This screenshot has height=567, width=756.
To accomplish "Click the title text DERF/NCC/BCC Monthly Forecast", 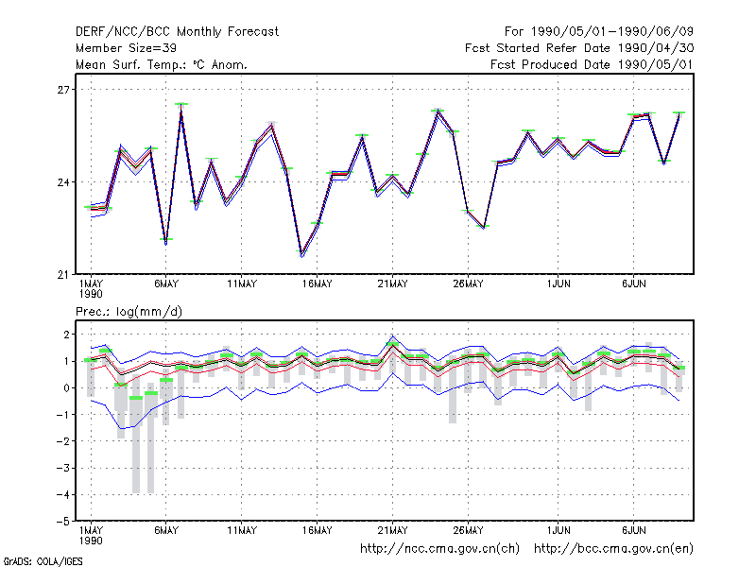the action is [177, 32].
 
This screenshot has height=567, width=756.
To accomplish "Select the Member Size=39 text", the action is [126, 48].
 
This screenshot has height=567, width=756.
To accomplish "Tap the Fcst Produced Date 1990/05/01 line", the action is [593, 64].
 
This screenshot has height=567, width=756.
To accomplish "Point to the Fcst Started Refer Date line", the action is [579, 48].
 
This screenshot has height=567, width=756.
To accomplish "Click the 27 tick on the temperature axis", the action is [63, 90].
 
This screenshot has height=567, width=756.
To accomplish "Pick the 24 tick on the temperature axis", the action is [63, 182].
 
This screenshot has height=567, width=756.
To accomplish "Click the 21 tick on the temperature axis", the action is [63, 275].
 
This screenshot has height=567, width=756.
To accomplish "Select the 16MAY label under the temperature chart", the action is [318, 284].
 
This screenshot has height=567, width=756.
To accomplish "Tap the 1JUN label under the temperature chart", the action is [558, 284].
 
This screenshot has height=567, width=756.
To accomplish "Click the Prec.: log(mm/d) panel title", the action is [129, 312].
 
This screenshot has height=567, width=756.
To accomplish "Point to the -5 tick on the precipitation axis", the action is [63, 522].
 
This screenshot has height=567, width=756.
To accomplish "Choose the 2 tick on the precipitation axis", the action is [66, 335].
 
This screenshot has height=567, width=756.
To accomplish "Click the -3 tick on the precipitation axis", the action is [63, 468].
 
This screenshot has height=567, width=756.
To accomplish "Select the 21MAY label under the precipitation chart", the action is [392, 530].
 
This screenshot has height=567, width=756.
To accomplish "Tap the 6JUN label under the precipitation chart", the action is [633, 530].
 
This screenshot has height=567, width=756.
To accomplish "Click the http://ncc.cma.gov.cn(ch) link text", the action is [439, 549].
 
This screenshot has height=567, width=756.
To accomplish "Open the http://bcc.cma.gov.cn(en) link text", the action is [613, 549].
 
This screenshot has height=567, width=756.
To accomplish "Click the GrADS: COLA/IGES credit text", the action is [43, 561].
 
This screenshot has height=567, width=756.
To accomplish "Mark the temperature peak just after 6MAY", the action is [181, 105].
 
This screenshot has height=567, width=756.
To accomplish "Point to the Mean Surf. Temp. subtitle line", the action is [162, 64].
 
